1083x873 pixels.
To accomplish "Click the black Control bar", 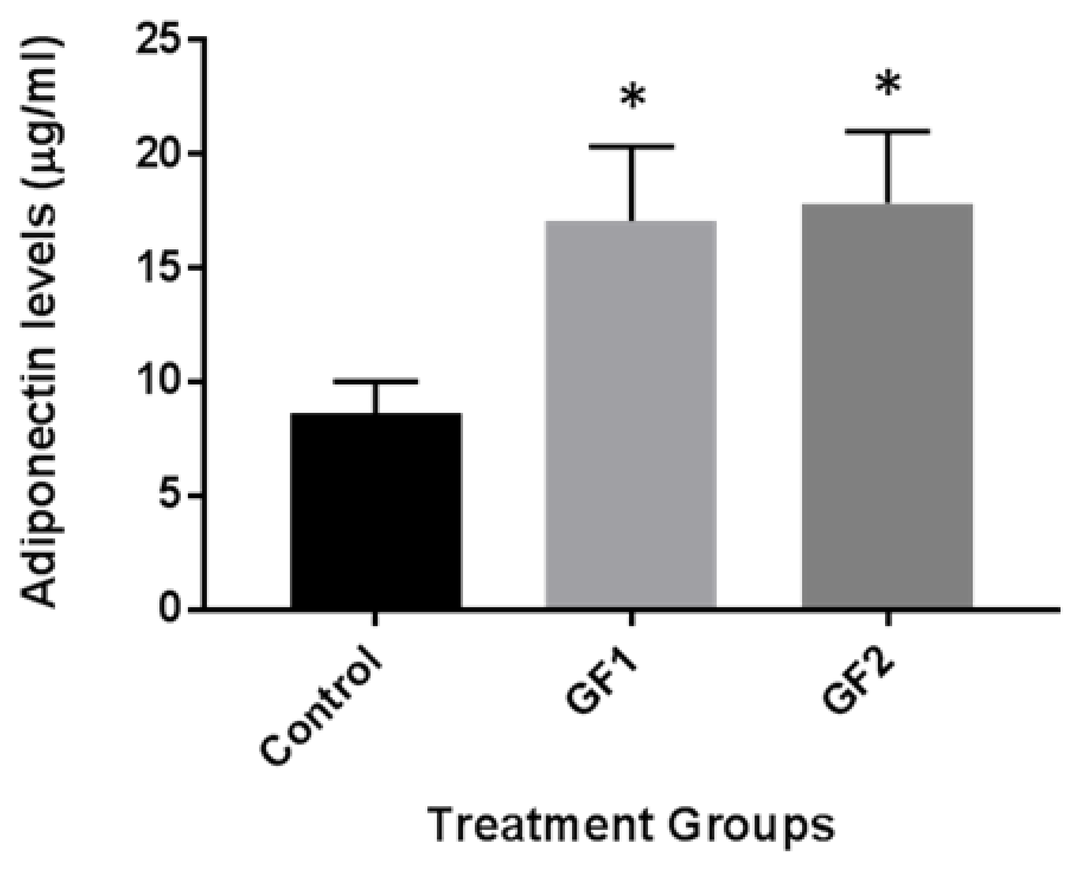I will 376,510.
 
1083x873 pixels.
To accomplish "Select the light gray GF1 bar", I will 631,414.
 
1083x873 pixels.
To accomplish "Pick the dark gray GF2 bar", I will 887,405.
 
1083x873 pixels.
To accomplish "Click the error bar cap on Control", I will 376,381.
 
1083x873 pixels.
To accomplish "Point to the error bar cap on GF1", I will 631,146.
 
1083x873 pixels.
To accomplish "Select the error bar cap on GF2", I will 887,131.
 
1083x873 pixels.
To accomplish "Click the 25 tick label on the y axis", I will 158,39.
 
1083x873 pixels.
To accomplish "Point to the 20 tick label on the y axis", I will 158,153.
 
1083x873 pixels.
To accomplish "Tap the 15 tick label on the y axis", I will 158,268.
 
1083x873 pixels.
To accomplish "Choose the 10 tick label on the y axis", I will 158,382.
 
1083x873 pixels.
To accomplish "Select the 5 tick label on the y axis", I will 170,496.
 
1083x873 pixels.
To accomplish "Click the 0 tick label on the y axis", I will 170,609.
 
